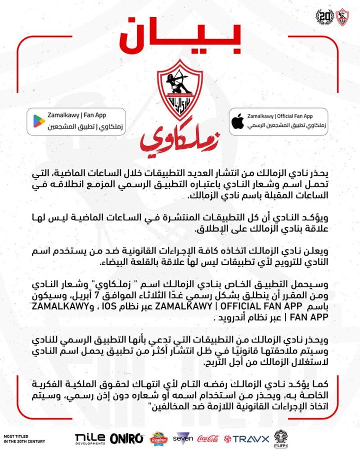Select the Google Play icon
tap(39, 121)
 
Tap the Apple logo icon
tap(237, 121)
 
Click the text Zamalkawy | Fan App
tap(77, 116)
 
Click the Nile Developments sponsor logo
tap(90, 437)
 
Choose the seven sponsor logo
tap(184, 437)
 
